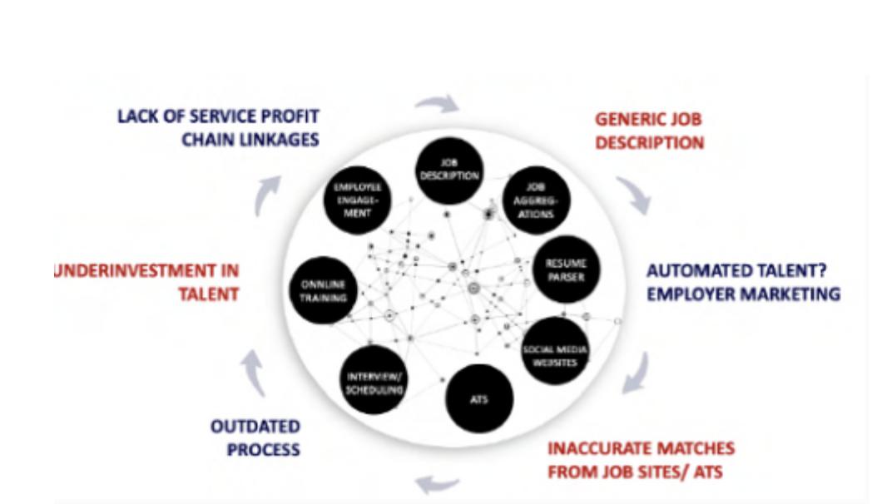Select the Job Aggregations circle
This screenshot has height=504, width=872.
click(x=541, y=200)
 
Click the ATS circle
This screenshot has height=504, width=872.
click(x=478, y=399)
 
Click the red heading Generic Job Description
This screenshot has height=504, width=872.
click(x=649, y=131)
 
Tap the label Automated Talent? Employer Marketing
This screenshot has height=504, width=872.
click(x=743, y=283)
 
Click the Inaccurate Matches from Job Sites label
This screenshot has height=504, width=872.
click(x=641, y=460)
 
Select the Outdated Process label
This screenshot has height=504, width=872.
click(x=255, y=438)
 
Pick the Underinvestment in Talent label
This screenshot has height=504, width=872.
click(x=146, y=282)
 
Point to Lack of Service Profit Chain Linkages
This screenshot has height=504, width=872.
click(x=218, y=127)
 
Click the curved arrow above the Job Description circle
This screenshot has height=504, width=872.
click(x=437, y=104)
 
